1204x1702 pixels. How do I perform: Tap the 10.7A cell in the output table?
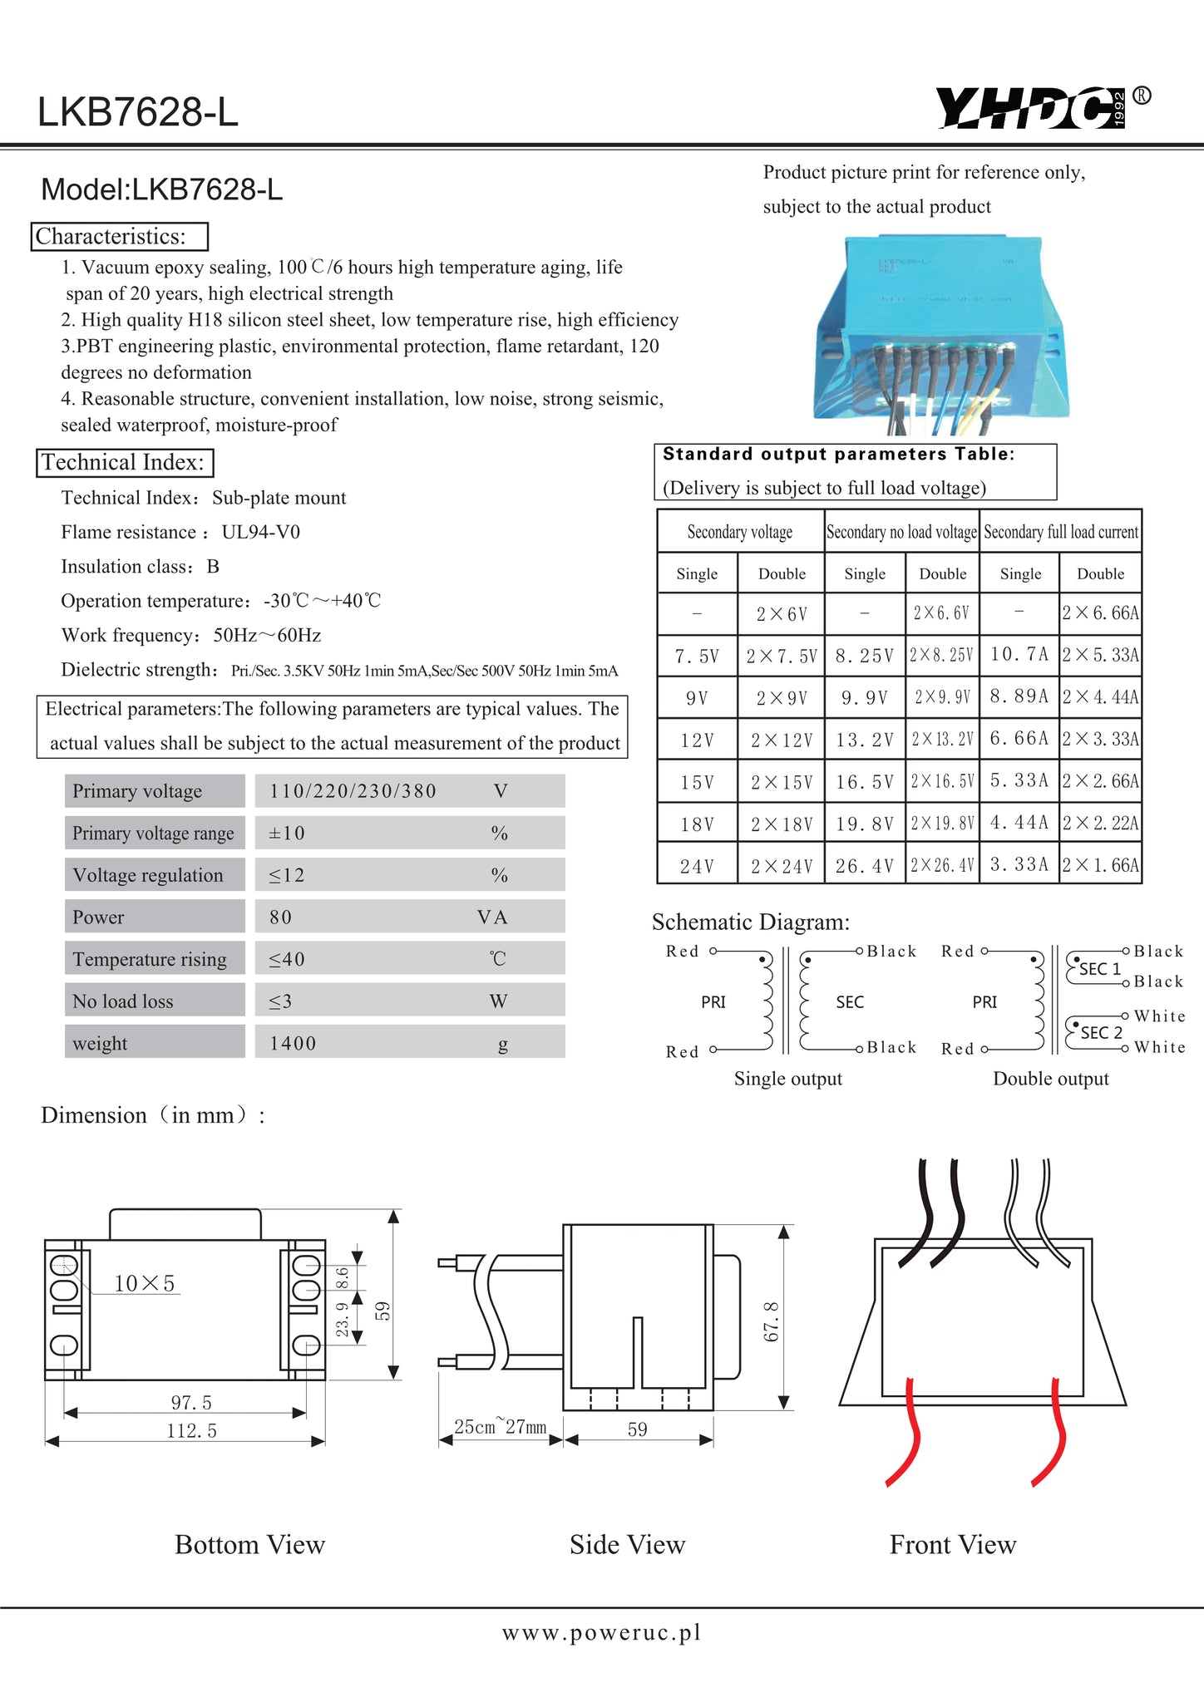[1019, 654]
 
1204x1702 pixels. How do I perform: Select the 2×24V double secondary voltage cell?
[782, 866]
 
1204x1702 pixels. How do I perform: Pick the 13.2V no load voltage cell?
[865, 740]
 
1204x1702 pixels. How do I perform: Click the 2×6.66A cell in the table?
[1100, 613]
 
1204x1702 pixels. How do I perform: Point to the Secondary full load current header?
[1061, 532]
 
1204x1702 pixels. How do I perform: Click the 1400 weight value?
[293, 1043]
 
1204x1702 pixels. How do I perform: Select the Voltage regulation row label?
[148, 875]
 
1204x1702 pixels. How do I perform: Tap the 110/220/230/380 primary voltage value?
[353, 791]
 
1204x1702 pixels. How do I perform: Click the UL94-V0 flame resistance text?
[261, 532]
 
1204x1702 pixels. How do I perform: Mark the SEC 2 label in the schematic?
[1102, 1032]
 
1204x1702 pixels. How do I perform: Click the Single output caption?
[787, 1079]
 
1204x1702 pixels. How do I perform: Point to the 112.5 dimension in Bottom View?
[191, 1431]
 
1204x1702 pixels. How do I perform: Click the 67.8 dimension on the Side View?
[772, 1321]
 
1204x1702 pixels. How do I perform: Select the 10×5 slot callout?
[145, 1283]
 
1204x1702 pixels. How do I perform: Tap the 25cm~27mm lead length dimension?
[500, 1427]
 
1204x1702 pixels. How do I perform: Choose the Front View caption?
[953, 1545]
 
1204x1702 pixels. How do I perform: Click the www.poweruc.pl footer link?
[601, 1633]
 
